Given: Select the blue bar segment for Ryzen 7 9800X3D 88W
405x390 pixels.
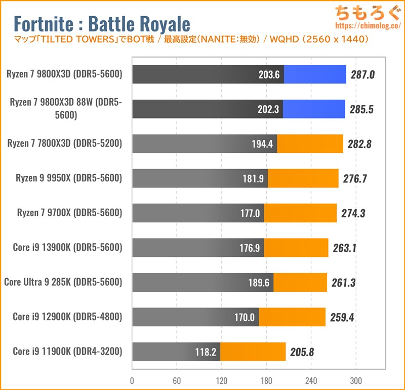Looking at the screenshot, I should (314, 109).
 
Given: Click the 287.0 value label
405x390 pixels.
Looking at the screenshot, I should (362, 75).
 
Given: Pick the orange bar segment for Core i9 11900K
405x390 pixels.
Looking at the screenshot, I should (253, 351).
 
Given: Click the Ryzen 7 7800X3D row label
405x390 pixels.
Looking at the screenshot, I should (65, 143).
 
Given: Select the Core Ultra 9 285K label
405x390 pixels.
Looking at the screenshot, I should (63, 282).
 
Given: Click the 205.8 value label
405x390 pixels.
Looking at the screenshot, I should (302, 352).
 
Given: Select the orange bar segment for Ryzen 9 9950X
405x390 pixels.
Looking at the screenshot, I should (303, 178).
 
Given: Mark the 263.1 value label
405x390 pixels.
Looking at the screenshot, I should (346, 248).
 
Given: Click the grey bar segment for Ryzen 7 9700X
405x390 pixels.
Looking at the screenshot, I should (197, 213).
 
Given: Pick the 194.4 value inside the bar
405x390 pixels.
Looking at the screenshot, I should (262, 144).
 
